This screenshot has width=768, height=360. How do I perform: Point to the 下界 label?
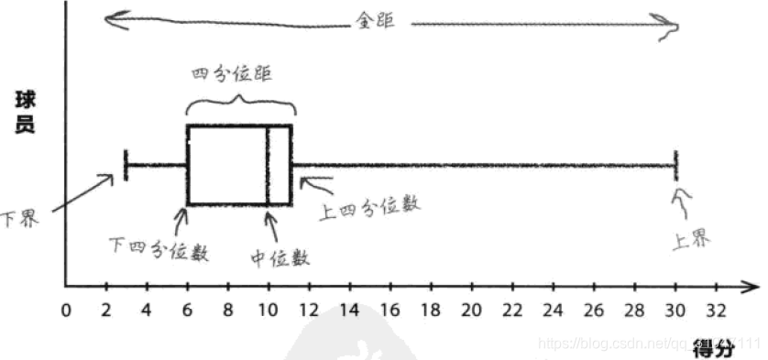click(x=20, y=220)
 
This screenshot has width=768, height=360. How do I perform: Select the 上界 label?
click(x=689, y=240)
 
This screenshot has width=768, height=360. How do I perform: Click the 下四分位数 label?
click(x=159, y=247)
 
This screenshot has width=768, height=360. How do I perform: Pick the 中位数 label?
click(x=280, y=257)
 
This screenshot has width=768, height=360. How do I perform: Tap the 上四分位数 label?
click(x=369, y=207)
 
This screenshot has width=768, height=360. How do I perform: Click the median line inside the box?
click(x=268, y=165)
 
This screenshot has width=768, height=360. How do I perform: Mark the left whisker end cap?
click(x=125, y=165)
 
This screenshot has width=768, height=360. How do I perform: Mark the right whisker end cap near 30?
click(x=675, y=165)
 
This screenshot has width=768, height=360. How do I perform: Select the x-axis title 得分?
click(x=712, y=349)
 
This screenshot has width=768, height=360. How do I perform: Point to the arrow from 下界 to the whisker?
click(x=82, y=194)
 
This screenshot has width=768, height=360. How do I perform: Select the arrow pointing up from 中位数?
click(x=269, y=228)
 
